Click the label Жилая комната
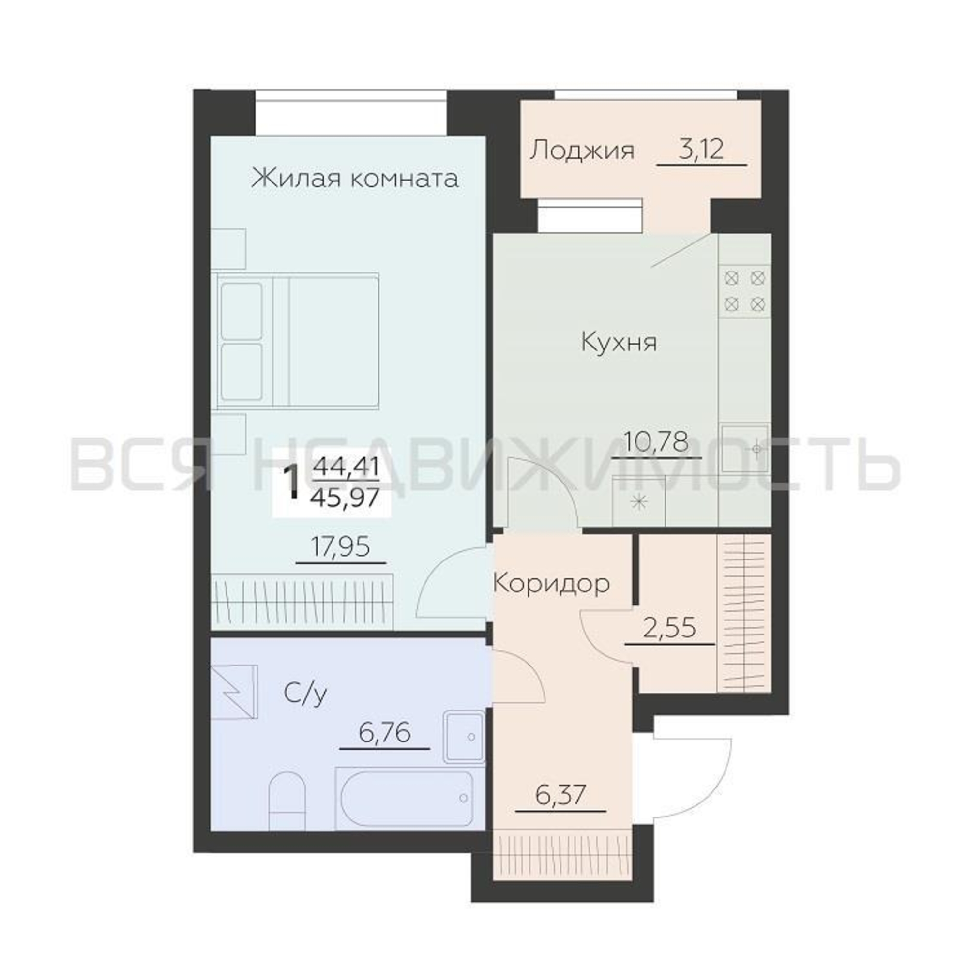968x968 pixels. click(x=355, y=179)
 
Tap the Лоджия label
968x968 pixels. click(x=582, y=151)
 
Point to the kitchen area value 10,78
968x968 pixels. click(x=656, y=442)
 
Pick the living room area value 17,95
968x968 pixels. click(x=341, y=546)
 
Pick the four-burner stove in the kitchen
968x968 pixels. click(x=745, y=290)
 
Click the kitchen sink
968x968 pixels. click(x=745, y=449)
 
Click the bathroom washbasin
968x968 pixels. click(x=464, y=737)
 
